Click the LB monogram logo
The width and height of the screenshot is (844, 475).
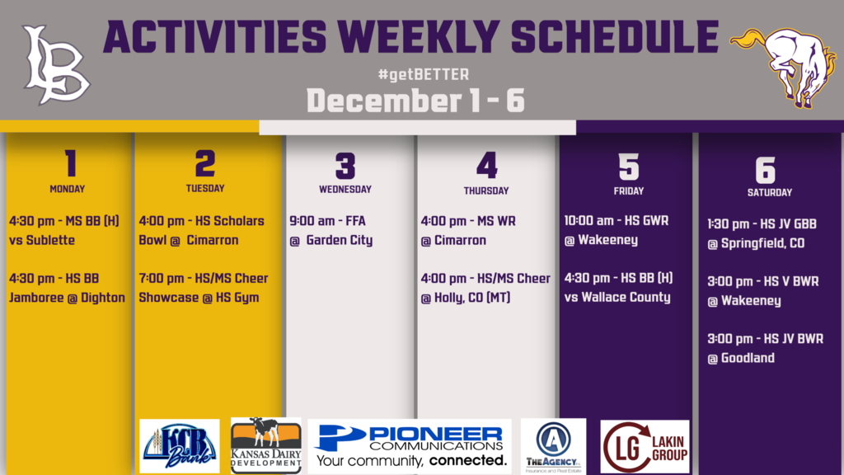coord(56,65)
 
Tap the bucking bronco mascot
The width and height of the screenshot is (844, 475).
coord(784,67)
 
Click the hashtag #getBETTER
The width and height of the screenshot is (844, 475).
coord(424,74)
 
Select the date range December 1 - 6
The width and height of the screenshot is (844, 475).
coord(415,101)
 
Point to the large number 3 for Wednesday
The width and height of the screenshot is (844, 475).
coord(345,166)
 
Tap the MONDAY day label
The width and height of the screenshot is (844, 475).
coord(68,189)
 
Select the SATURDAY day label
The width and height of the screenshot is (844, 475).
coord(770,192)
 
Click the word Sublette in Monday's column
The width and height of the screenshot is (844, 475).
coord(50,240)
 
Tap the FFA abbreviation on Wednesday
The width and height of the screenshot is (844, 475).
coord(355,221)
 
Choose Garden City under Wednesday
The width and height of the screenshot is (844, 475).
coord(339,240)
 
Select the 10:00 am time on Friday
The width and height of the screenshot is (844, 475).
coord(588,221)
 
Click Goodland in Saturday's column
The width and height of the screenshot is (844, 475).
coord(748,358)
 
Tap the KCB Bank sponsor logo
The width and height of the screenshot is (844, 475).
coord(179,446)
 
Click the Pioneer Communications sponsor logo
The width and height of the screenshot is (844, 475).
coord(410,446)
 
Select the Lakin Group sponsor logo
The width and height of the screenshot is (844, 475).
coord(645,447)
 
